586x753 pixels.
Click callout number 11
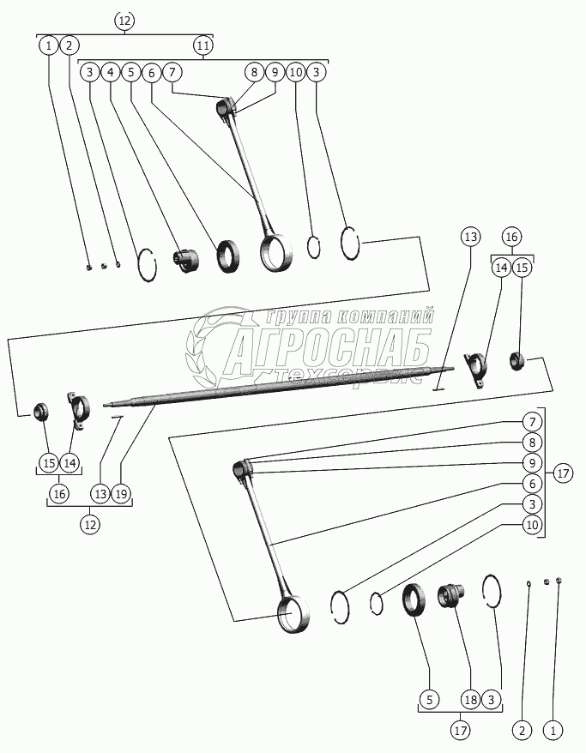tap(203, 44)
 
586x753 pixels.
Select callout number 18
tap(471, 698)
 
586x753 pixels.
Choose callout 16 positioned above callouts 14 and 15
tap(512, 236)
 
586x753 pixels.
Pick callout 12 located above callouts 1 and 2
tap(124, 20)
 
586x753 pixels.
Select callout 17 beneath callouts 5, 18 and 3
tap(461, 731)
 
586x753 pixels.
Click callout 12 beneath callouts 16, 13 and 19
tap(89, 524)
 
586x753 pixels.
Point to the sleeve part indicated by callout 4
tap(186, 259)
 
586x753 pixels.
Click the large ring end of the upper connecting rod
tap(275, 252)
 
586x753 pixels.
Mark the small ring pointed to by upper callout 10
tap(315, 246)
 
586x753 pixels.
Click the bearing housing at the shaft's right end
tap(475, 370)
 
